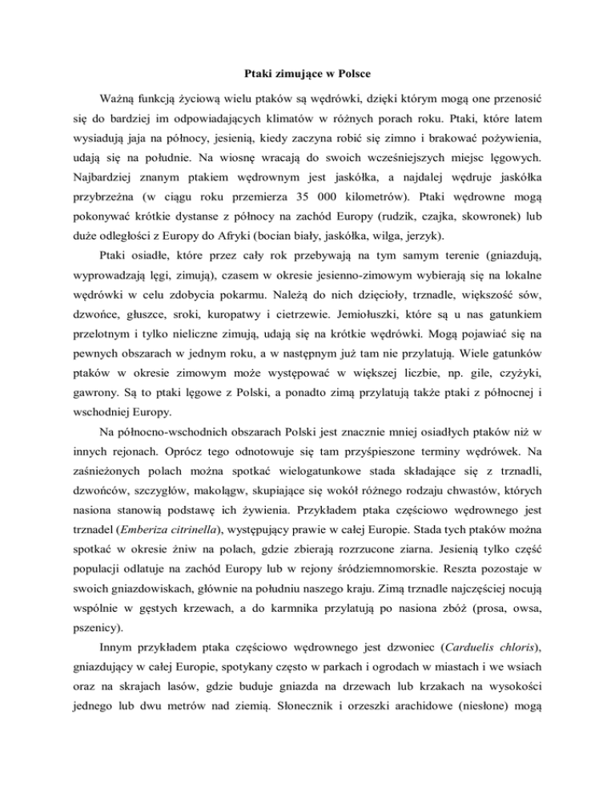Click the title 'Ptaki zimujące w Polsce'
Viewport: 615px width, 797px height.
click(307, 75)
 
